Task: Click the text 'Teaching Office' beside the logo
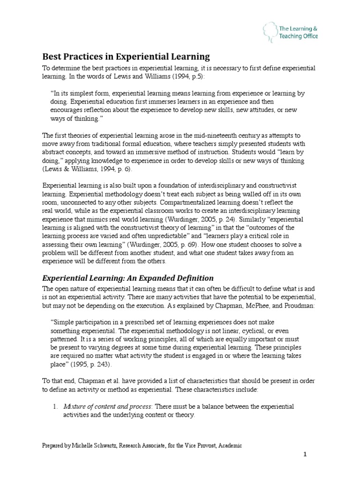(299, 37)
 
